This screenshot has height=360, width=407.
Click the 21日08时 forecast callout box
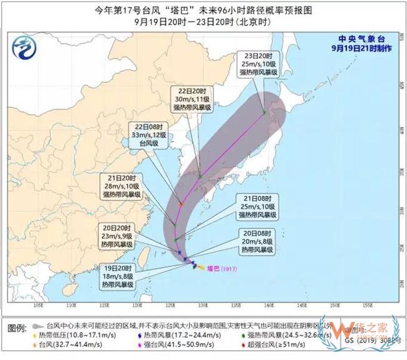click(257, 207)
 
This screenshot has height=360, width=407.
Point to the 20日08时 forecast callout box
click(257, 241)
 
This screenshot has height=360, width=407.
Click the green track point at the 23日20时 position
click(265, 113)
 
